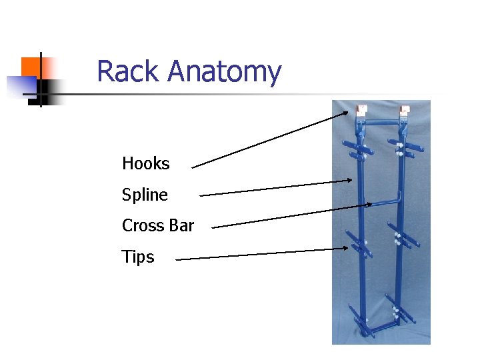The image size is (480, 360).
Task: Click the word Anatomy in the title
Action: coord(225,73)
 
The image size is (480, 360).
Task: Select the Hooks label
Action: coord(146,163)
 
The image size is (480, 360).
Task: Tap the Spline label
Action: coord(145,195)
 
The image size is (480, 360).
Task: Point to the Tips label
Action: coord(138,257)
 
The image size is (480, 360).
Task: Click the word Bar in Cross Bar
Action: coord(181,225)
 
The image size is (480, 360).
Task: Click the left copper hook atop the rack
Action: coord(362,110)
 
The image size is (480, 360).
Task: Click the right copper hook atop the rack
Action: coord(403,111)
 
